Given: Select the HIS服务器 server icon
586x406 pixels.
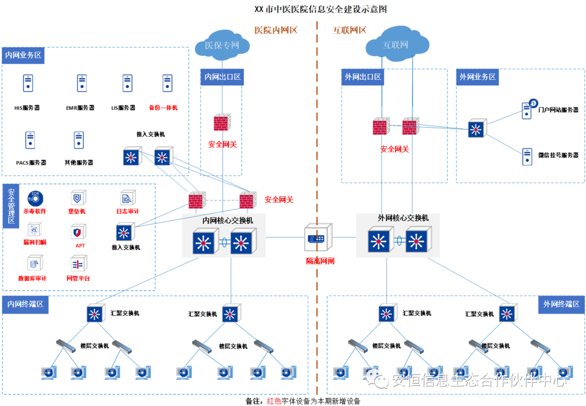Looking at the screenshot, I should click(28, 83).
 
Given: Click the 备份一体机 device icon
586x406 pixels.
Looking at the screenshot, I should click(168, 83).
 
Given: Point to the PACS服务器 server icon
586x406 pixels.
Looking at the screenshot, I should click(31, 140).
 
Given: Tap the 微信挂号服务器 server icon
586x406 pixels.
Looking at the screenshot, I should click(527, 157).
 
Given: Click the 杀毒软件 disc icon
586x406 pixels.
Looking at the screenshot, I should click(35, 198).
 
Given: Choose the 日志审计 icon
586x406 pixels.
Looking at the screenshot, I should click(128, 198).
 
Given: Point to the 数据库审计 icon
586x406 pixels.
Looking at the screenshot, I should click(34, 265).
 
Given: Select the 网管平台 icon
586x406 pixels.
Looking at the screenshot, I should click(78, 265).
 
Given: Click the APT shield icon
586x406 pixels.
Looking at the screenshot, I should click(79, 232).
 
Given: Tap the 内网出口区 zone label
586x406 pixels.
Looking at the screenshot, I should click(222, 77).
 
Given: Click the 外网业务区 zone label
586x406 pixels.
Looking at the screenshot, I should click(477, 77).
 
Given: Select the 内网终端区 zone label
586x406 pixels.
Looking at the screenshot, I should click(26, 304).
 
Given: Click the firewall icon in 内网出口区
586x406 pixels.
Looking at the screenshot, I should click(221, 123).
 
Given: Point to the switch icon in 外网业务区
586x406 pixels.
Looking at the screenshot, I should click(477, 129).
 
